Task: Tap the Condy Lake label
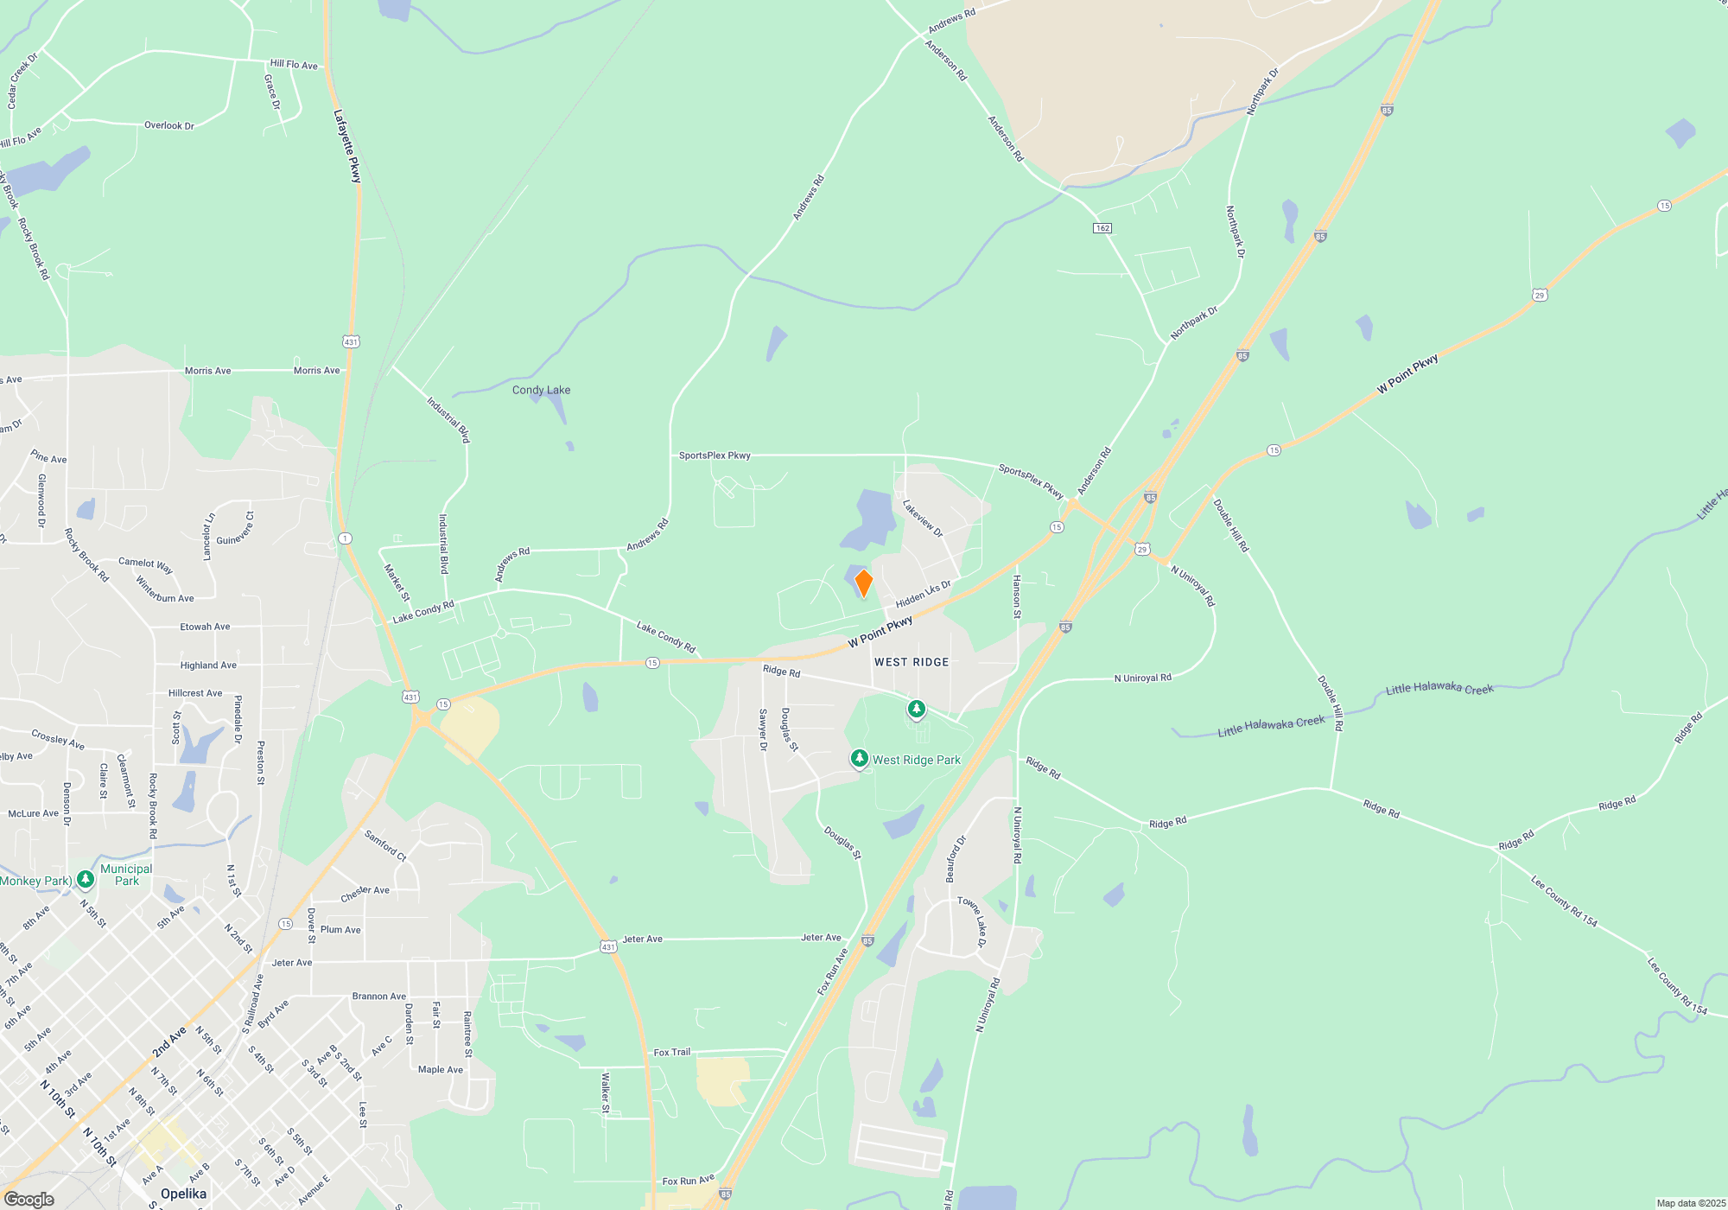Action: tap(541, 390)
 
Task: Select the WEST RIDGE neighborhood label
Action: tap(912, 662)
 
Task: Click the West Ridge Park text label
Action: tap(916, 760)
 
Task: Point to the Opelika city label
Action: tap(183, 1194)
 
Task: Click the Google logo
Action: tap(29, 1199)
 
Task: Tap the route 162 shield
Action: tap(1102, 228)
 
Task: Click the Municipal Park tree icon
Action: tap(85, 880)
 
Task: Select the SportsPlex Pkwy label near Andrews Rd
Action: tap(715, 455)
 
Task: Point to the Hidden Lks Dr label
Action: tap(923, 595)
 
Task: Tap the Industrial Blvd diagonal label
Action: tap(448, 419)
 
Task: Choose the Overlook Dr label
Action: tap(169, 125)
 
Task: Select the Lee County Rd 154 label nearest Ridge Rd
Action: tap(1564, 901)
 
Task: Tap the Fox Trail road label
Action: tap(671, 1052)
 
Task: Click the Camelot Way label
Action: tap(145, 565)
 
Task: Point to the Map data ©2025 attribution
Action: tap(1690, 1203)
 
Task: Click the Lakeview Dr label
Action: tap(923, 519)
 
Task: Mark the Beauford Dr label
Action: tap(956, 858)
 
